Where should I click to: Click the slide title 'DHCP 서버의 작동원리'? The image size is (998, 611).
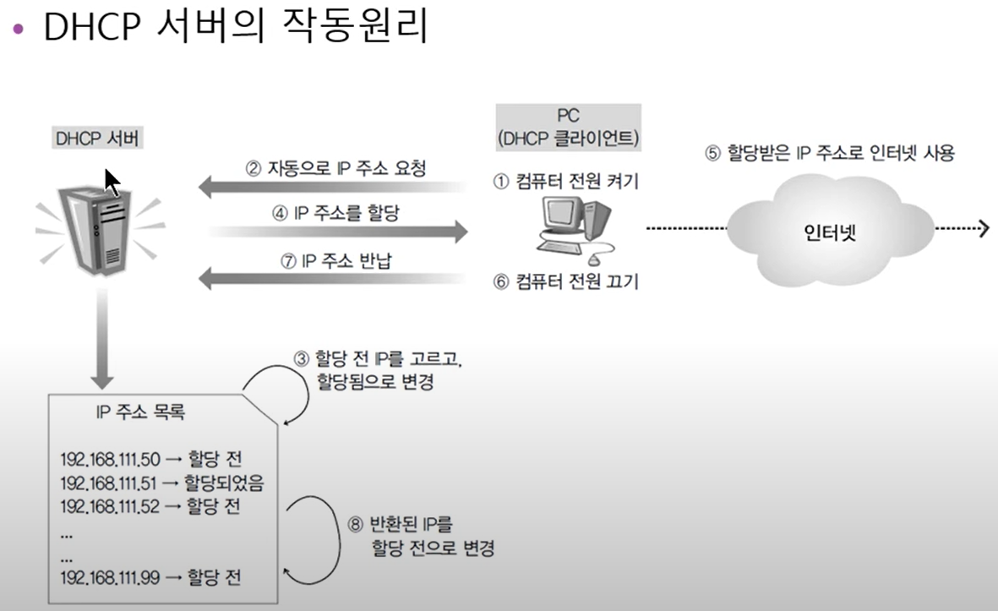(235, 29)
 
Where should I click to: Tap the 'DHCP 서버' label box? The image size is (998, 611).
(94, 138)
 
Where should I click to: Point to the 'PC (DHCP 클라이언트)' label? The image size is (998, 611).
(568, 127)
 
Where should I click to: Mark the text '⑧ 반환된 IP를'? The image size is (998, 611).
(406, 523)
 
